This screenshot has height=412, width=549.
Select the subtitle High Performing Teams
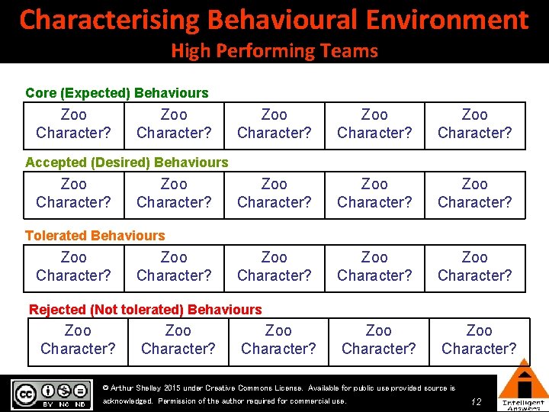click(x=274, y=51)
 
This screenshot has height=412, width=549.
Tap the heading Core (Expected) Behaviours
click(x=117, y=93)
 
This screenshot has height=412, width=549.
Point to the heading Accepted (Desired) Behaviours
click(x=127, y=163)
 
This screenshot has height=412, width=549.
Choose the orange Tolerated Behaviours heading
click(x=95, y=236)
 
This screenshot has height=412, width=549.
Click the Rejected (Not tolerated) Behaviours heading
click(x=145, y=310)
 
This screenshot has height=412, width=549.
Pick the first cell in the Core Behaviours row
click(x=74, y=124)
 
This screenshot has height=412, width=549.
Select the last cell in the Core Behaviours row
click(x=474, y=124)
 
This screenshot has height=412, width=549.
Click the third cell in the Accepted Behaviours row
click(x=274, y=193)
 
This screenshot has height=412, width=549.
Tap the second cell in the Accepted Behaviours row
click(x=174, y=193)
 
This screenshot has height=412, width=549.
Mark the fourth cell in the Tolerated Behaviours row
click(x=374, y=266)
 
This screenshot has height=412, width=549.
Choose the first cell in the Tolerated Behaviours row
click(x=74, y=266)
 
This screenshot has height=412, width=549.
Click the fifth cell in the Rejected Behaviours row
click(x=479, y=340)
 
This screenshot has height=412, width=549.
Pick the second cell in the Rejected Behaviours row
click(x=178, y=340)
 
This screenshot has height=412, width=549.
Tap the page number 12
click(x=476, y=401)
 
